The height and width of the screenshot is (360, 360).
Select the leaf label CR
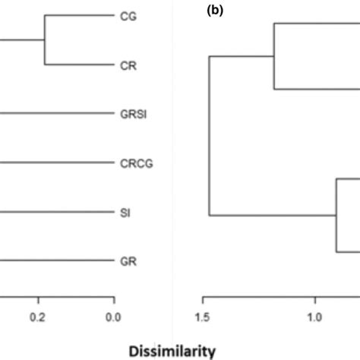pyautogui.click(x=128, y=65)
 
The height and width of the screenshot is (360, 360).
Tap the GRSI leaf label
pyautogui.click(x=134, y=114)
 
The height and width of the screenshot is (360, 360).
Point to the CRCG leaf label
pyautogui.click(x=137, y=163)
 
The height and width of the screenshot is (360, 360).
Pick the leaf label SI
pyautogui.click(x=125, y=213)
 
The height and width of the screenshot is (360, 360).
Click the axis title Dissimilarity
pyautogui.click(x=171, y=351)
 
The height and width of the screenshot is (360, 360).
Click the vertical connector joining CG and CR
pyautogui.click(x=45, y=40)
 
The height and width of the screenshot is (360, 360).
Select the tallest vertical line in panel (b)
pyautogui.click(x=209, y=135)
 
